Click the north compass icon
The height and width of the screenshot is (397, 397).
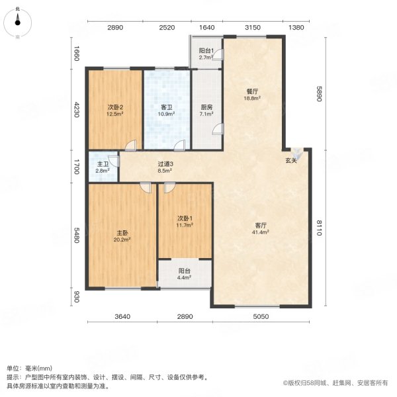[18, 24]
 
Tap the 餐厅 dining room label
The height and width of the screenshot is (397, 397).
[251, 92]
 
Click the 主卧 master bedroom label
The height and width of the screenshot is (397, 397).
[122, 233]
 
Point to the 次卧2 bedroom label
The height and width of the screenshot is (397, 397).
[116, 107]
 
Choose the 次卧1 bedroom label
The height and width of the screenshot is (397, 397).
[184, 218]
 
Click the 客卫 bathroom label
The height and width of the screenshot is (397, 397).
[166, 107]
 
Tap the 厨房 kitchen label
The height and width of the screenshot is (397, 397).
[206, 107]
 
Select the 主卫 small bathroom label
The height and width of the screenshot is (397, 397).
[102, 165]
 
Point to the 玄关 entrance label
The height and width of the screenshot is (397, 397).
[291, 160]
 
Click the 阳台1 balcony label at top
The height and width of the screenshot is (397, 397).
[205, 51]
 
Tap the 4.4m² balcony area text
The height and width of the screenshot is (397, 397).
[184, 277]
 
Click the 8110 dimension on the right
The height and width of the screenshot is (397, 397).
[318, 227]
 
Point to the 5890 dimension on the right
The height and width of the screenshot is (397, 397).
[318, 94]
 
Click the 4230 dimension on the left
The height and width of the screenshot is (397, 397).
[77, 109]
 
